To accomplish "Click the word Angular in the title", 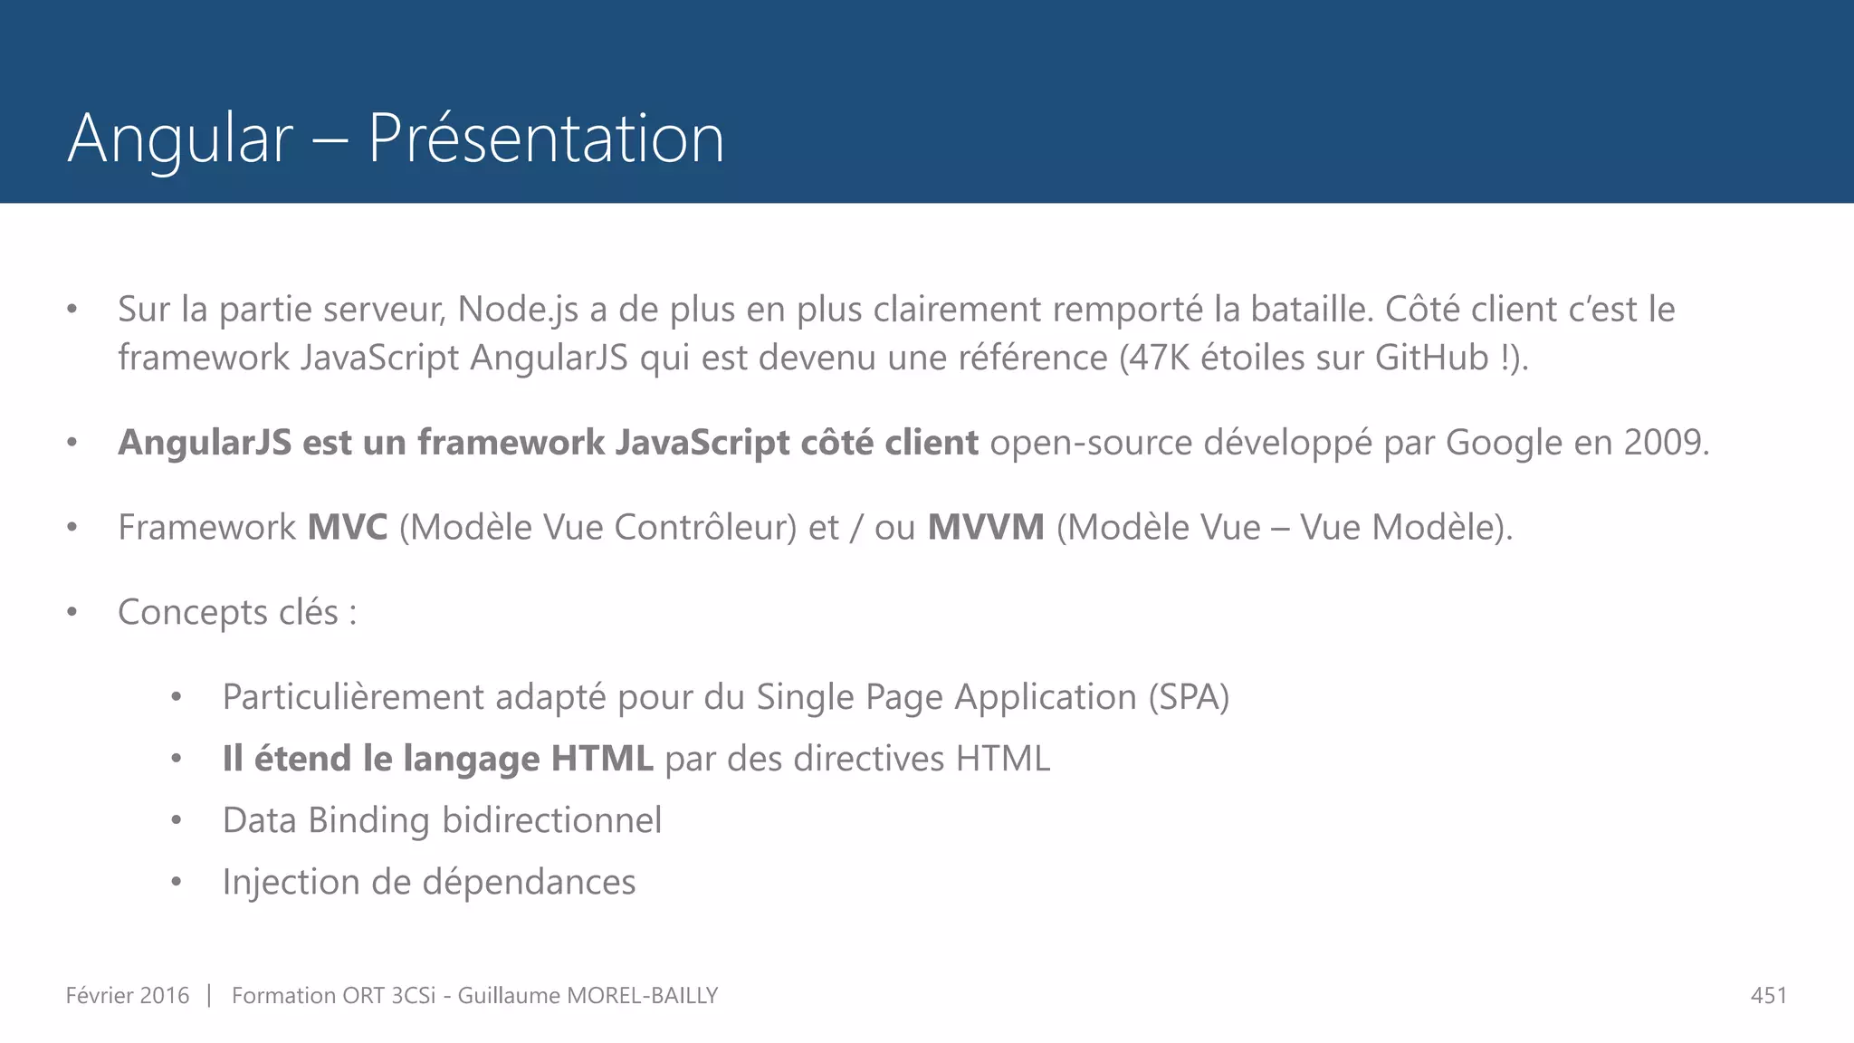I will coord(180,139).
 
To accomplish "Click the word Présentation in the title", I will coord(546,139).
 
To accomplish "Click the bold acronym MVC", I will coord(348,527).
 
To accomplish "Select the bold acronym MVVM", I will coord(986,527).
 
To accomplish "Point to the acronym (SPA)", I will coord(1189,697).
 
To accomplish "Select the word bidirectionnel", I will coord(551,820).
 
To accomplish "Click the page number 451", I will coord(1768,996).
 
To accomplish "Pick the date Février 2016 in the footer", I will coord(128,996).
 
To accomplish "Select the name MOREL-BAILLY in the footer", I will coord(642,996).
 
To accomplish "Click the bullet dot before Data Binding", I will coord(177,821).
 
